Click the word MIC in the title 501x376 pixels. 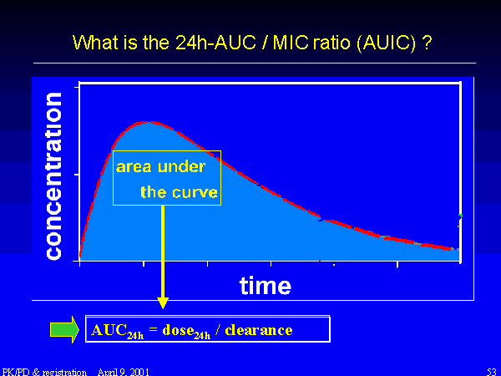coord(290,42)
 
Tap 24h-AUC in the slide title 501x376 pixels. coord(215,42)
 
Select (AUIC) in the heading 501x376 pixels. coord(387,43)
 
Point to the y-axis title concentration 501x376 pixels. coord(53,175)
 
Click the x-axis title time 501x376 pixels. coord(266,285)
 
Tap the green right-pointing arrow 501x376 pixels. coord(64,329)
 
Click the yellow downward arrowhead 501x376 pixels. coord(163,302)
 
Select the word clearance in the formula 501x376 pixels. coord(259,330)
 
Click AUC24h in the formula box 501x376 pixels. coord(117,331)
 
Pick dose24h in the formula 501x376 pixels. coord(186,331)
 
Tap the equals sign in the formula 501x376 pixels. coord(154,329)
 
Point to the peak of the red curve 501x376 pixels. coord(148,122)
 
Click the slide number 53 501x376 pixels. coord(492,372)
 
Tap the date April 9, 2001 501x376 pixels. coord(124,372)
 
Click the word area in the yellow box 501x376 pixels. coord(134,167)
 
